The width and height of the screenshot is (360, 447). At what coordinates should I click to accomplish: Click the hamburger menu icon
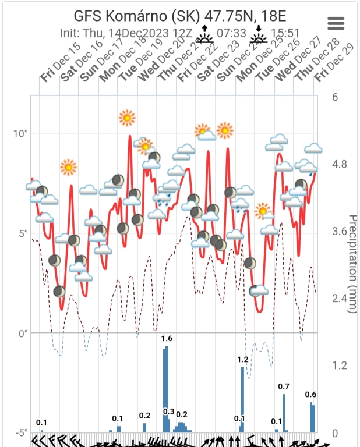pyautogui.click(x=337, y=23)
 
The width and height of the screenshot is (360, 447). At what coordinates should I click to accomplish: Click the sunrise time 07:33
pyautogui.click(x=231, y=33)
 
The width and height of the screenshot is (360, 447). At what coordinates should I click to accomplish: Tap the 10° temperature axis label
pyautogui.click(x=20, y=133)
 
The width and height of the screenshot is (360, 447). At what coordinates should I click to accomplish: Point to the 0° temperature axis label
pyautogui.click(x=23, y=334)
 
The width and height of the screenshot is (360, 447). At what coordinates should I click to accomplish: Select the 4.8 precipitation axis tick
pyautogui.click(x=338, y=164)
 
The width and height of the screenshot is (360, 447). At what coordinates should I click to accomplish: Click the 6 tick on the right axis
pyautogui.click(x=335, y=97)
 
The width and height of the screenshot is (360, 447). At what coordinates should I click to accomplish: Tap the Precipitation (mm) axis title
pyautogui.click(x=352, y=264)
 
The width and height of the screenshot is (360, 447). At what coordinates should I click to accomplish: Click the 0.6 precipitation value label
pyautogui.click(x=311, y=395)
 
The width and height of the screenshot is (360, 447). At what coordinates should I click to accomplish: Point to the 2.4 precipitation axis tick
pyautogui.click(x=338, y=299)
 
